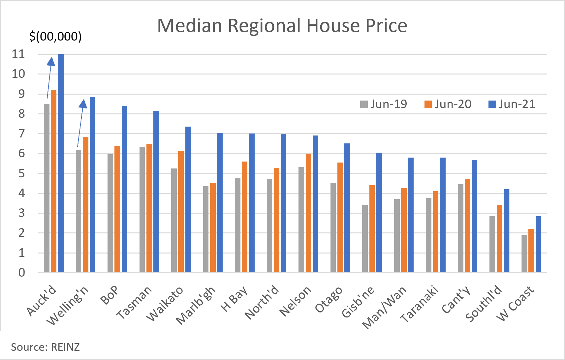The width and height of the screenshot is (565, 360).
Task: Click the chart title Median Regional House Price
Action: click(x=282, y=25)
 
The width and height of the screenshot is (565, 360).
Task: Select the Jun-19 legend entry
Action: click(x=384, y=104)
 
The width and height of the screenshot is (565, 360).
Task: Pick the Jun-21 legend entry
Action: click(x=512, y=104)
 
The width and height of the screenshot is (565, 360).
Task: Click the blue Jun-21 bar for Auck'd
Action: click(x=61, y=163)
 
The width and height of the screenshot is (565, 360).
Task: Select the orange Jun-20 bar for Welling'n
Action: click(x=86, y=204)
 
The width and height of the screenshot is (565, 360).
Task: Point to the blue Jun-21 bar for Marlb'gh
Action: click(x=220, y=203)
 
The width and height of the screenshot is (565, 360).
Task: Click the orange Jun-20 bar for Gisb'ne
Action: click(x=372, y=229)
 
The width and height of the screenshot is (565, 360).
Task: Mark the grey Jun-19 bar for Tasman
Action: click(x=142, y=209)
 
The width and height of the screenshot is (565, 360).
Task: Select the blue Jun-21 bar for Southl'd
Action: click(x=506, y=231)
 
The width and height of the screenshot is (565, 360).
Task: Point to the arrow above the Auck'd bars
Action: click(x=49, y=78)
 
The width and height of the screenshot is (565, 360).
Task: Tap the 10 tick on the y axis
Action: click(x=18, y=74)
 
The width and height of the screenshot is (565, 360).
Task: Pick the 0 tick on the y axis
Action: click(x=21, y=273)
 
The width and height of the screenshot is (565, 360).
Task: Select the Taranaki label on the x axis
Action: click(x=419, y=304)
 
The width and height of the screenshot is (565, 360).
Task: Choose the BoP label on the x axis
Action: click(x=109, y=295)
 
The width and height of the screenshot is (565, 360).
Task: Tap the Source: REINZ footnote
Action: click(x=45, y=347)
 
